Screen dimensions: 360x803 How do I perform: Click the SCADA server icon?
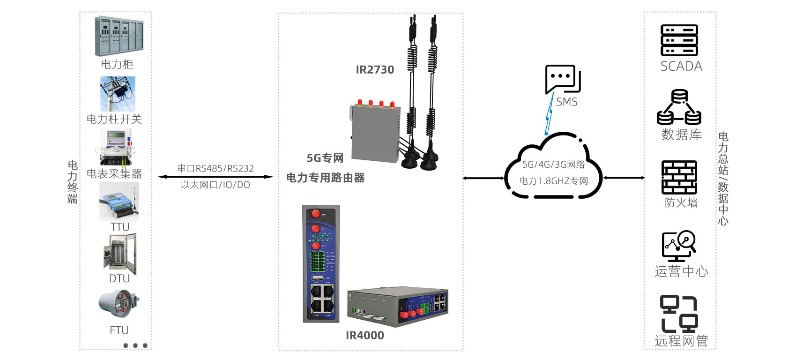pyautogui.click(x=679, y=40)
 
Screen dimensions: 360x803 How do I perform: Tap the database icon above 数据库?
pyautogui.click(x=679, y=107)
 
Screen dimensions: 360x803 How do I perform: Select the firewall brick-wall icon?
pyautogui.click(x=679, y=177)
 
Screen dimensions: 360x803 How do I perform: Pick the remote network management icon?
pyautogui.click(x=679, y=314)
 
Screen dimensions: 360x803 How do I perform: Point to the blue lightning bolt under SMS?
pyautogui.click(x=549, y=115)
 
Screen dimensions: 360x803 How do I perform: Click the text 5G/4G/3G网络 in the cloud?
pyautogui.click(x=553, y=165)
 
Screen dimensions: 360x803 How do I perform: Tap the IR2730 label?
pyautogui.click(x=375, y=70)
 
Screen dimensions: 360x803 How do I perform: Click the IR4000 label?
pyautogui.click(x=364, y=335)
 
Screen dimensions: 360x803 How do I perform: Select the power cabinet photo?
pyautogui.click(x=119, y=36)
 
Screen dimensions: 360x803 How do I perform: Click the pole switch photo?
pyautogui.click(x=118, y=94)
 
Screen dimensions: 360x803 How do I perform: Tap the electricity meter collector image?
pyautogui.click(x=115, y=147)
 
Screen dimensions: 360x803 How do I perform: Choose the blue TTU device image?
pyautogui.click(x=119, y=202)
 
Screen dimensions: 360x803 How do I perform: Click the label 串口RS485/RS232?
pyautogui.click(x=216, y=168)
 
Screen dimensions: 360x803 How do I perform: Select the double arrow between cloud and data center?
pyautogui.click(x=624, y=178)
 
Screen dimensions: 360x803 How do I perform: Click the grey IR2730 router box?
pyautogui.click(x=375, y=134)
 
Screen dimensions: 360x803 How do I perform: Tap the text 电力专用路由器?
pyautogui.click(x=325, y=178)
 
